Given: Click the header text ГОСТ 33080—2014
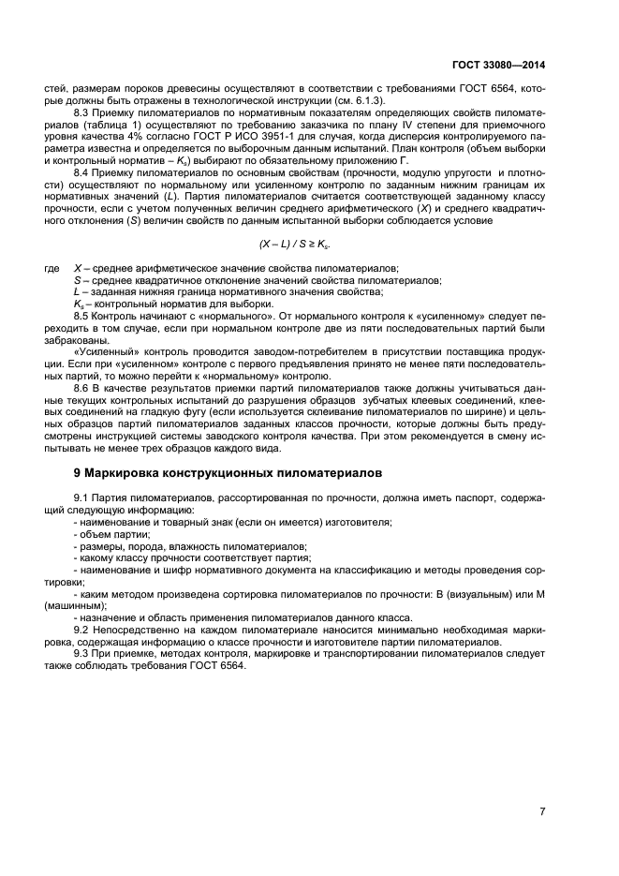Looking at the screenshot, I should point(504,67).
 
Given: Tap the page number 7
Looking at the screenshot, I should point(542,812).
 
